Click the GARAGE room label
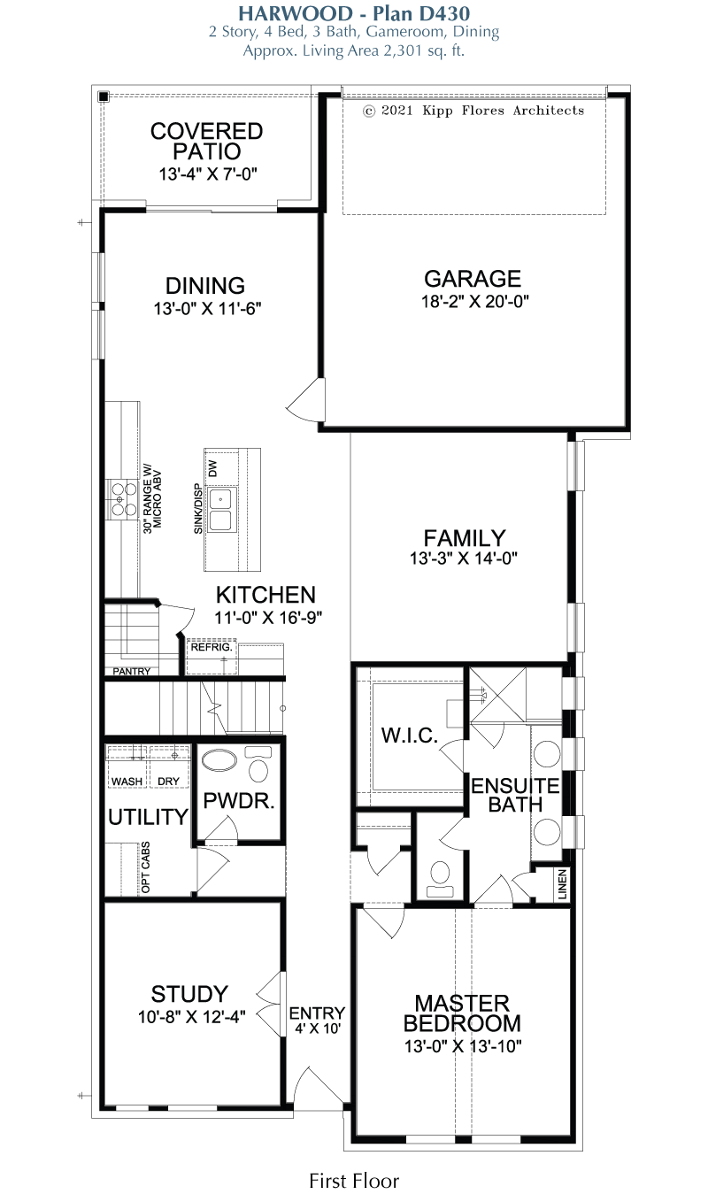click(473, 279)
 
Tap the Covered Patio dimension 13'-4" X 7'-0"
click(208, 173)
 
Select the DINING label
click(205, 286)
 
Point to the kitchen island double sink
click(220, 510)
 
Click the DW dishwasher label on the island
click(212, 468)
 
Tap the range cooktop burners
click(123, 499)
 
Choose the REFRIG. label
click(212, 647)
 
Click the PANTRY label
click(132, 672)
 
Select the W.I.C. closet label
click(410, 736)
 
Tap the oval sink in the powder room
click(219, 760)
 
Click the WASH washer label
click(127, 782)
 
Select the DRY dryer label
click(168, 782)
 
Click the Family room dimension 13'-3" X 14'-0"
click(464, 558)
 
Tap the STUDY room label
click(189, 994)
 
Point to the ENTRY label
click(317, 1013)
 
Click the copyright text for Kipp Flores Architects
click(473, 111)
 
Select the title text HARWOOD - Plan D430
click(354, 12)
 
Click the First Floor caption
click(354, 1181)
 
